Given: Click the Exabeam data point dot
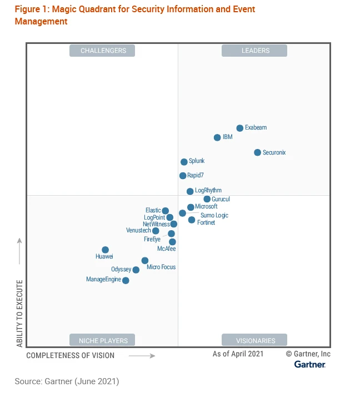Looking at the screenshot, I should pyautogui.click(x=240, y=128).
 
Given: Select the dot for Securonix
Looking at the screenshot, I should pyautogui.click(x=257, y=152).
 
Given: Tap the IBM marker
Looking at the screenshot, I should pyautogui.click(x=217, y=137).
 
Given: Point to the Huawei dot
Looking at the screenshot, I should pyautogui.click(x=105, y=250).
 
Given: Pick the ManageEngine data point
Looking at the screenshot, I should pyautogui.click(x=126, y=280).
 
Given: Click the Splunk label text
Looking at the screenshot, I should pyautogui.click(x=197, y=161).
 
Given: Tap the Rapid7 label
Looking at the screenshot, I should pyautogui.click(x=196, y=176).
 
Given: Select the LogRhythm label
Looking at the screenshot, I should pyautogui.click(x=208, y=190).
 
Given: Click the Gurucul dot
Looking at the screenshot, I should pyautogui.click(x=207, y=199).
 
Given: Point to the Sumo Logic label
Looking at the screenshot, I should pyautogui.click(x=214, y=215).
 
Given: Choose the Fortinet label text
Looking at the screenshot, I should pyautogui.click(x=206, y=222).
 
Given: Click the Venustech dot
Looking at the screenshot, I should pyautogui.click(x=156, y=231).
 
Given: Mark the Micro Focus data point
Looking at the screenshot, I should pyautogui.click(x=145, y=260).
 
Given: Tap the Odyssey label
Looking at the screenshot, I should pyautogui.click(x=121, y=270).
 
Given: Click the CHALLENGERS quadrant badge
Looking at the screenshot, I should pyautogui.click(x=103, y=51).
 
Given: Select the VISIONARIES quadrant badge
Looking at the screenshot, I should pyautogui.click(x=255, y=340).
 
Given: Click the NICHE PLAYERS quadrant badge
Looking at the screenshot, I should pyautogui.click(x=103, y=340).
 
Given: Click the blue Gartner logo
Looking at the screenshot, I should pyautogui.click(x=310, y=364).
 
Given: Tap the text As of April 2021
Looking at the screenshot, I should pyautogui.click(x=238, y=354).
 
